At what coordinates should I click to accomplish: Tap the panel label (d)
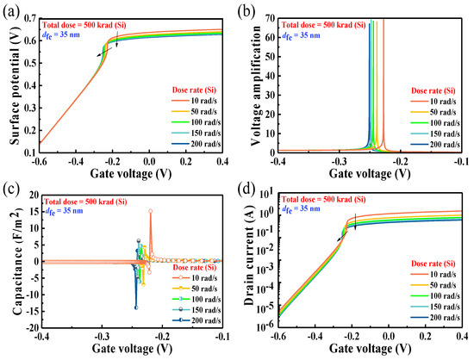tap(250, 191)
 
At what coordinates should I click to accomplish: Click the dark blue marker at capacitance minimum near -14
tap(136, 307)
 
